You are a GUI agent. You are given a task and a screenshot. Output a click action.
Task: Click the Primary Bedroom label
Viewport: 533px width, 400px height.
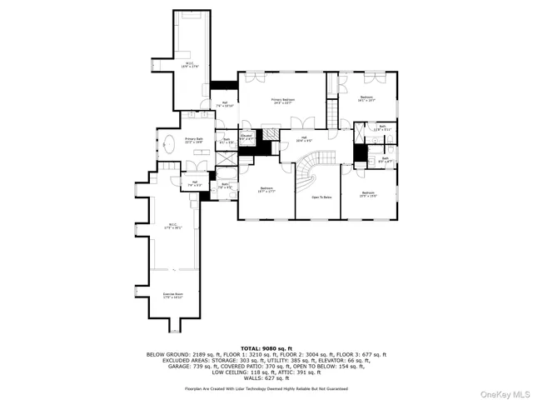coord(282,102)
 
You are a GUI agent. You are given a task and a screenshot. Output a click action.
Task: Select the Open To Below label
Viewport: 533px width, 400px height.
coord(321,197)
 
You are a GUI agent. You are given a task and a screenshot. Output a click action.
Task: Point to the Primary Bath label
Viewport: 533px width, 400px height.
coord(194,141)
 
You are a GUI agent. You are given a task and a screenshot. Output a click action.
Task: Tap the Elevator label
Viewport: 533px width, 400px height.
coord(247,136)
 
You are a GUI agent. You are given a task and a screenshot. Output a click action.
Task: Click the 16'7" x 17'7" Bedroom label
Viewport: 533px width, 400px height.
coord(266,191)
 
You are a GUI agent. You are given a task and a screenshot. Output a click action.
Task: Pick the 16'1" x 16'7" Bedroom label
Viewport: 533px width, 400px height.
coord(366,99)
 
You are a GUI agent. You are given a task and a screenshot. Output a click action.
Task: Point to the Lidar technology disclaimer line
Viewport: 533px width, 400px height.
coord(266,388)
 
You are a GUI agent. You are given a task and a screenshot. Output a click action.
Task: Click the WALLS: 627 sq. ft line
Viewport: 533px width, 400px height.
coord(266,377)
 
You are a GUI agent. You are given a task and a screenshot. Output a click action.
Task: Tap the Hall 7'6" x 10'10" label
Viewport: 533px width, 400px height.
coord(225,106)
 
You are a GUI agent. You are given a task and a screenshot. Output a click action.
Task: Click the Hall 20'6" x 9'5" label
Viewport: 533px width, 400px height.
coord(304,140)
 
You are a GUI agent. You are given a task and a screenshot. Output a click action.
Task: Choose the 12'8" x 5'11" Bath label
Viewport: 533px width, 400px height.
coord(382,128)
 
